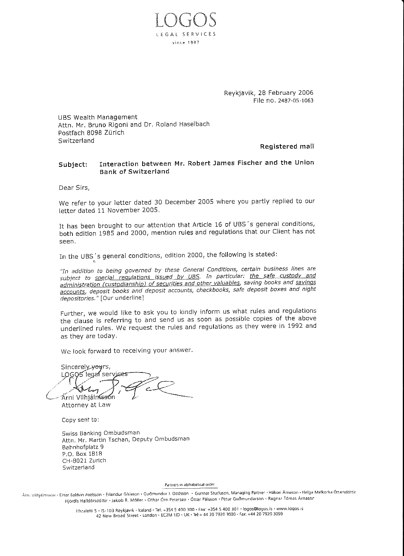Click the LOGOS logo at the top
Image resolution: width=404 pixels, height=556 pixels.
(185, 20)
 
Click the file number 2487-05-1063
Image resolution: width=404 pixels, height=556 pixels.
(296, 101)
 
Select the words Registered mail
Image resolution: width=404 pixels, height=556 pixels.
(287, 146)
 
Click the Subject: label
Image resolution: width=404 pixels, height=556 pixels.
(73, 164)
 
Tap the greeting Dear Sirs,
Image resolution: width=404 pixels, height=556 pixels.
(74, 187)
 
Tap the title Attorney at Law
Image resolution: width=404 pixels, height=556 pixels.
(86, 405)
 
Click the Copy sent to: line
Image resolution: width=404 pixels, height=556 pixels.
(80, 420)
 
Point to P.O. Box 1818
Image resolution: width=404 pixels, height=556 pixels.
(82, 453)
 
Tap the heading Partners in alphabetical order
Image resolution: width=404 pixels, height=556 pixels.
(189, 484)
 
